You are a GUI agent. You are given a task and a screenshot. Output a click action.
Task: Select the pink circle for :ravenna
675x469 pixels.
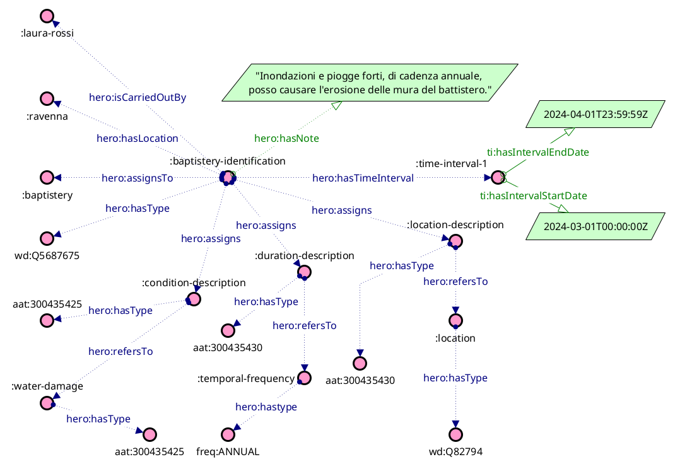(46, 99)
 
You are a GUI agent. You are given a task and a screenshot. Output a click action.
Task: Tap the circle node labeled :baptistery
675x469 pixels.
(46, 178)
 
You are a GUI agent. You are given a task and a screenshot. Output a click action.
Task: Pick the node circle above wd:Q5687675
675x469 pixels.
(46, 238)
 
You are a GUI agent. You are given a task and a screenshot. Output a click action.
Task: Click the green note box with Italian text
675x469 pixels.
(370, 82)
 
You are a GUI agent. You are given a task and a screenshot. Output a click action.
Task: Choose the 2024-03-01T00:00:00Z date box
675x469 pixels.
(596, 226)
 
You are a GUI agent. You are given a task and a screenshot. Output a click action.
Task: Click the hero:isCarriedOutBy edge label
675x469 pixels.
(138, 98)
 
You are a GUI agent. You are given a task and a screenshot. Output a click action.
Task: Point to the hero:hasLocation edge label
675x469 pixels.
(138, 137)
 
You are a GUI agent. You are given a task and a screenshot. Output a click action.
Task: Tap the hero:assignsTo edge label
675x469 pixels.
(138, 178)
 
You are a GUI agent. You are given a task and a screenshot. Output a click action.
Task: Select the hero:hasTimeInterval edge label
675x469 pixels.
(363, 178)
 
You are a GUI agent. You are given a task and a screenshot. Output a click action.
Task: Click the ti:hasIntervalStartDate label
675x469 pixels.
(533, 195)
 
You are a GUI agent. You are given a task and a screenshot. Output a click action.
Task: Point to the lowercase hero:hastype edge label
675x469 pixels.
(266, 407)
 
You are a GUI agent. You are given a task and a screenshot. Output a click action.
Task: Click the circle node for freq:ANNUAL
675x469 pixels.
(228, 434)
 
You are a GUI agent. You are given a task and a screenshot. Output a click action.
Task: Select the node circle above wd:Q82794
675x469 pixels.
(456, 434)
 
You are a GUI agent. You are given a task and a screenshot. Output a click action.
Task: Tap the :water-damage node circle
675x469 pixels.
(46, 402)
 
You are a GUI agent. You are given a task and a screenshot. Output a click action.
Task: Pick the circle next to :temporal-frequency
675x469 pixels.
(305, 378)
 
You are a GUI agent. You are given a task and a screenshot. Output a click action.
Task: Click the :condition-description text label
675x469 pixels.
(194, 282)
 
